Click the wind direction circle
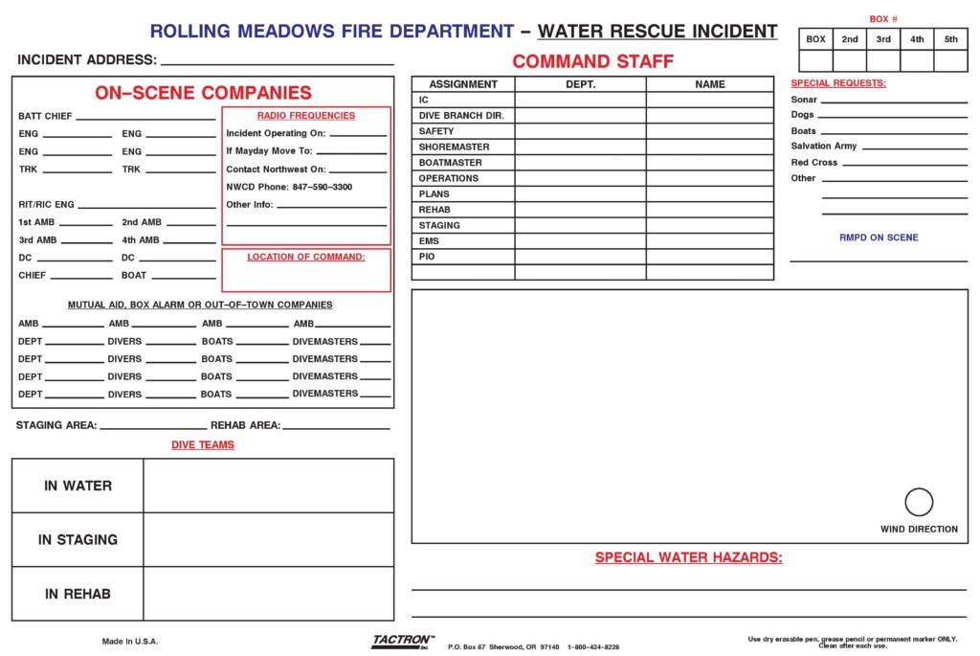[919, 502]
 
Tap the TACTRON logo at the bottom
[402, 642]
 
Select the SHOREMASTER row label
[454, 147]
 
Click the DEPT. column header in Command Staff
[580, 84]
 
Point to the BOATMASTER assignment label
[451, 163]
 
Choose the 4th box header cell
[917, 39]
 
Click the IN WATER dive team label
[78, 486]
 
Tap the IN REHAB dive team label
[78, 594]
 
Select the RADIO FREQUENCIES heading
[306, 116]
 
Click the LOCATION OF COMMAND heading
[306, 257]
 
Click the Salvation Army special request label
[824, 147]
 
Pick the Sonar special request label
[804, 100]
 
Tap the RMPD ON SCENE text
[879, 238]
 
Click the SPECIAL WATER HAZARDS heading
[688, 557]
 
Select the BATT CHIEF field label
[45, 116]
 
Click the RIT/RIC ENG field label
[46, 204]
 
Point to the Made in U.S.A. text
[130, 641]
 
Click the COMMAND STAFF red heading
[592, 61]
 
